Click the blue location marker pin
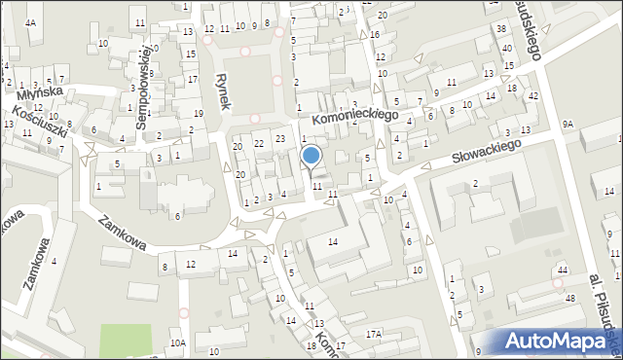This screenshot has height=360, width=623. point(311,157)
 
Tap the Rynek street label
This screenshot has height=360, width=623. point(223,90)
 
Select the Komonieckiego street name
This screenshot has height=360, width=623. point(357,115)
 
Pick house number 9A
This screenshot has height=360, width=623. point(568,125)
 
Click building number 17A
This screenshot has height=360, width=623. point(373,334)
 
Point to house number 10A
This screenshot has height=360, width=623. point(177,343)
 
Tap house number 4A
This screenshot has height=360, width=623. point(31,22)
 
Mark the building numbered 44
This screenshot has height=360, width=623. point(562,269)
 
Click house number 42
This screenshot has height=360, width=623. point(532,96)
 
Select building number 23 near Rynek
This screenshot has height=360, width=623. point(280,139)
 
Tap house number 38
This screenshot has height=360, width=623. point(501,30)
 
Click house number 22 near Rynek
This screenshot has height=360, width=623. point(259,143)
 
